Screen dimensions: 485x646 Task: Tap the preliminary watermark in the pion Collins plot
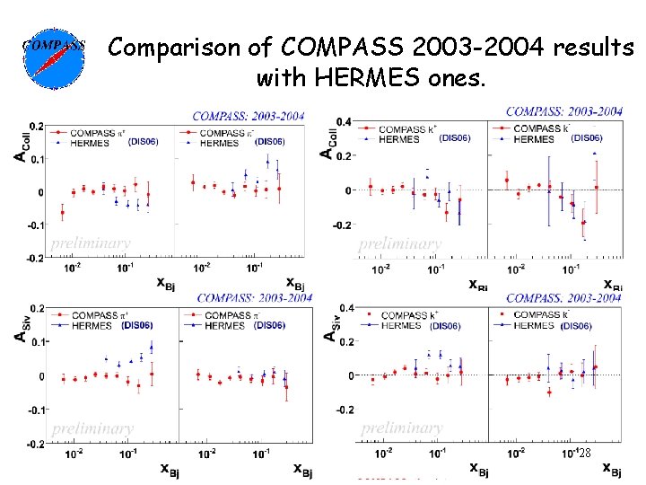coord(91,242)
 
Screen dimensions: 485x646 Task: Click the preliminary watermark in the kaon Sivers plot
coord(401,428)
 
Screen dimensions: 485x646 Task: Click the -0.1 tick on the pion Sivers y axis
coord(33,410)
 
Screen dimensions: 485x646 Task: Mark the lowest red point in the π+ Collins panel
coord(62,213)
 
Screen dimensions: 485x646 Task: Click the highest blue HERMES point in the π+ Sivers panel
coord(151,348)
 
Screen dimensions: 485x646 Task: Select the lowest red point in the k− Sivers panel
coord(549,392)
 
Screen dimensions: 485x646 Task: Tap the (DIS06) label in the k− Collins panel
coord(586,138)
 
